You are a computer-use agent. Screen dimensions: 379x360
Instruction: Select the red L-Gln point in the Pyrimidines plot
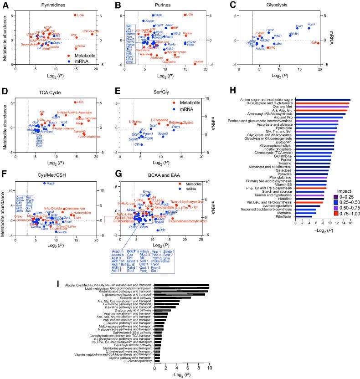tap(75, 15)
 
